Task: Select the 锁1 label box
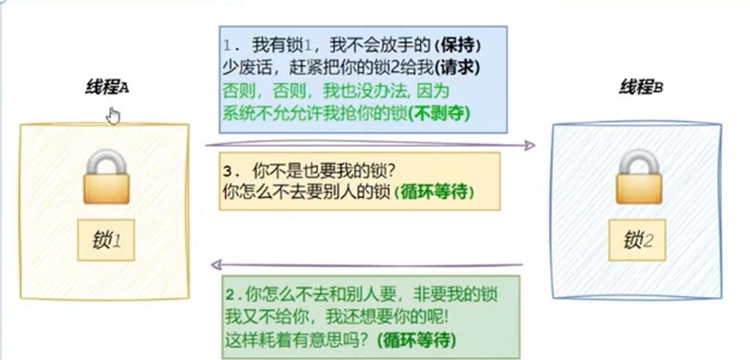[106, 238]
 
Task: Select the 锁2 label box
[638, 238]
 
